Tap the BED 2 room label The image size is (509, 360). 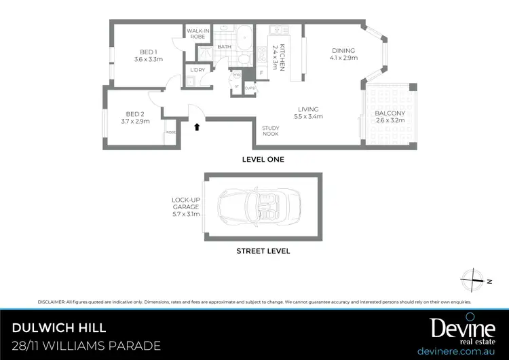tap(135, 118)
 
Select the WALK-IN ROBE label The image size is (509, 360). tap(197, 33)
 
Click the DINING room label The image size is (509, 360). tap(343, 54)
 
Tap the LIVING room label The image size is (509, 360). tap(308, 113)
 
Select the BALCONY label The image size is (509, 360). tap(390, 117)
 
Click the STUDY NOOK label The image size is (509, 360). tap(271, 131)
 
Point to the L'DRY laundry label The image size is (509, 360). tap(197, 70)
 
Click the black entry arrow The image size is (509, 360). tap(197, 126)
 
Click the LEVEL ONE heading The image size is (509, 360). tap(263, 160)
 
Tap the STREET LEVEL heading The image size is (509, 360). tap(263, 251)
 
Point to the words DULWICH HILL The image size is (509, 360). tap(59, 328)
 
